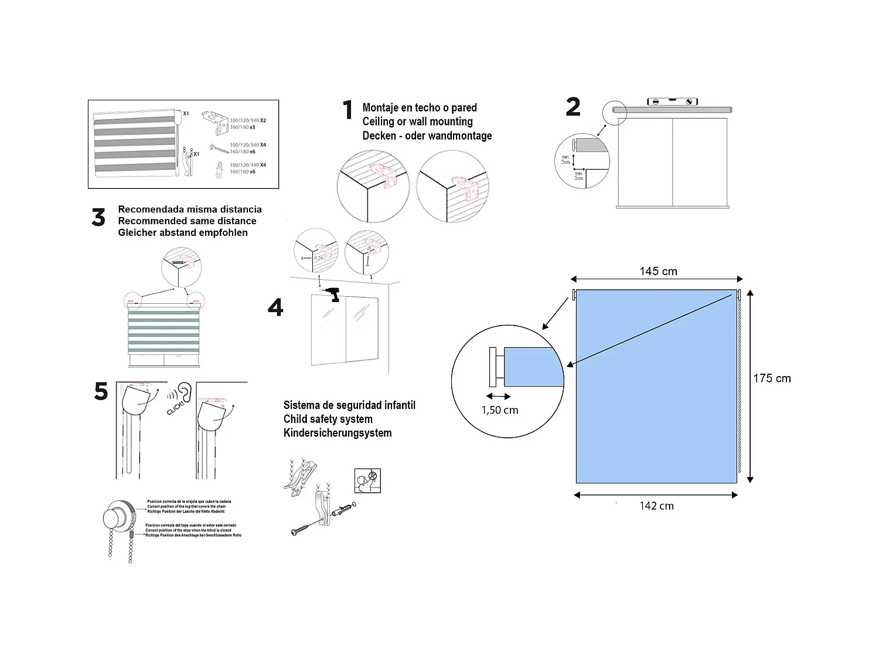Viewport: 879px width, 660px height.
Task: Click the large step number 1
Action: pos(347,110)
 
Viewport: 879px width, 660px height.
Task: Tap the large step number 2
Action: pos(573,107)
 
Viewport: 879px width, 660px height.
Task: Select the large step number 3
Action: pos(98,218)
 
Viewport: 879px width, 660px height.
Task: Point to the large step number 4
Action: pos(275,307)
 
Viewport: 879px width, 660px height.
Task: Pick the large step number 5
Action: pos(101,391)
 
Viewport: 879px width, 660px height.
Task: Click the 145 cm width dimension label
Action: pos(658,271)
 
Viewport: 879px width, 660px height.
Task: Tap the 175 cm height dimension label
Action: pos(772,378)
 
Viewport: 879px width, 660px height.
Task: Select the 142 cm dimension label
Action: pos(656,506)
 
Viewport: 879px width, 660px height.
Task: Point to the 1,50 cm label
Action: pos(500,410)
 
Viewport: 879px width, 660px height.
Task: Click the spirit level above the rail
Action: pos(673,101)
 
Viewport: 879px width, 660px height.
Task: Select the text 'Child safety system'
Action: pos(328,419)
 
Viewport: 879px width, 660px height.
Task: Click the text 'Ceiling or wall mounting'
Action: pos(417,121)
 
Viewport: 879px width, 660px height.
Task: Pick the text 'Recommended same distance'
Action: pos(187,221)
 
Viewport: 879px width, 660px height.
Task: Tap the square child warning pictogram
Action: pos(367,480)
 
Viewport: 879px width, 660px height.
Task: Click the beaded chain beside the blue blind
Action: pos(739,387)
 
